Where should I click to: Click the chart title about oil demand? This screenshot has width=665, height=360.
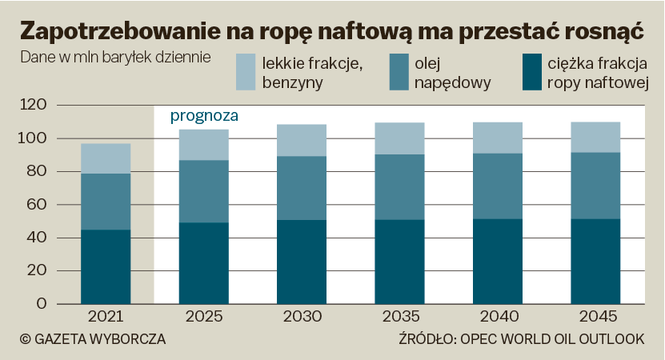click(331, 31)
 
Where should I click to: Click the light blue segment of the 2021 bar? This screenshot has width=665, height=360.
click(106, 158)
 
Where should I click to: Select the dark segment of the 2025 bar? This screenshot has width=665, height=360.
click(203, 263)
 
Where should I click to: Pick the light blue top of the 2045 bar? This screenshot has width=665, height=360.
click(595, 137)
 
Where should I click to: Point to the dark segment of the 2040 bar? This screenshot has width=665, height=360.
click(497, 262)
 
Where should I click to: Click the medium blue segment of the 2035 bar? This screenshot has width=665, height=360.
click(399, 186)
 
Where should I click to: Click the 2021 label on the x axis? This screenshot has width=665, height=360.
click(106, 316)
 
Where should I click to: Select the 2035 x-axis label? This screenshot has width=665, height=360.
click(399, 316)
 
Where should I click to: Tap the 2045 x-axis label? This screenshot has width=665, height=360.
click(595, 316)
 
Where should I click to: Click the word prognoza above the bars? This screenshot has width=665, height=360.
click(204, 116)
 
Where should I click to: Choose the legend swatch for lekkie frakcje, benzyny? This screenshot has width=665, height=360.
click(246, 71)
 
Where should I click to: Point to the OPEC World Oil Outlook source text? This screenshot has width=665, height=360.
click(521, 339)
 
